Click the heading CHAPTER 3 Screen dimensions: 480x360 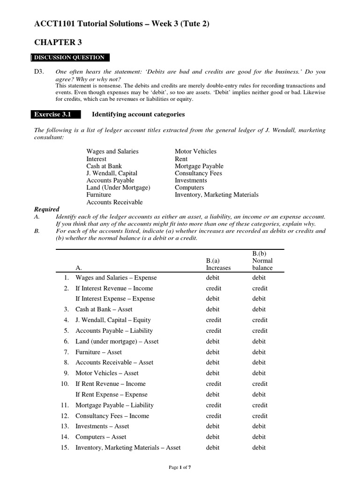pos(58,43)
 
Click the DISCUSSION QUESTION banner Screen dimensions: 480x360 pos(70,58)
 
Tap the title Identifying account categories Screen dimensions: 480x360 pos(138,114)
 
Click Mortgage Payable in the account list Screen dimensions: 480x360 pos(199,166)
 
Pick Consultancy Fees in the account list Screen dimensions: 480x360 pos(198,173)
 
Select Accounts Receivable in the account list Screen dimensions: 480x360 pos(114,202)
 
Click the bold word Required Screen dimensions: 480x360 pos(47,209)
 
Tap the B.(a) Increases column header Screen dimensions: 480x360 pos(218,264)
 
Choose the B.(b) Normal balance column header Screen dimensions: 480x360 pos(262,261)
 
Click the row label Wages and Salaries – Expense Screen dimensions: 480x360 pos(116,277)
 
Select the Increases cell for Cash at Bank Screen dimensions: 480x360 pos(212,309)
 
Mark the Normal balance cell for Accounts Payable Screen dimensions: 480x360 pos(260,330)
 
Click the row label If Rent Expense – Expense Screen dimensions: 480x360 pos(112,395)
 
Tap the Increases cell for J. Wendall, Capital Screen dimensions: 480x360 pos(214,320)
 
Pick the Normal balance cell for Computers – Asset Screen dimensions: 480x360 pos(259,437)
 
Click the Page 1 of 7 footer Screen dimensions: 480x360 pos(180,468)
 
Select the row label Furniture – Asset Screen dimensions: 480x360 pos(98,352)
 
